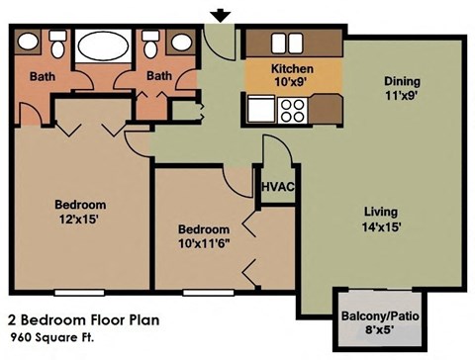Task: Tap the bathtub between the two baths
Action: (102, 45)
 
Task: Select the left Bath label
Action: (42, 76)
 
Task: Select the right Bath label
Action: (158, 76)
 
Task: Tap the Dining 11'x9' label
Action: (403, 88)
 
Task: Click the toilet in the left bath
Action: (56, 44)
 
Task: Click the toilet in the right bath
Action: (150, 44)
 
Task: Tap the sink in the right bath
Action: (181, 42)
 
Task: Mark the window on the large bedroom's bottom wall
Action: (81, 293)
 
